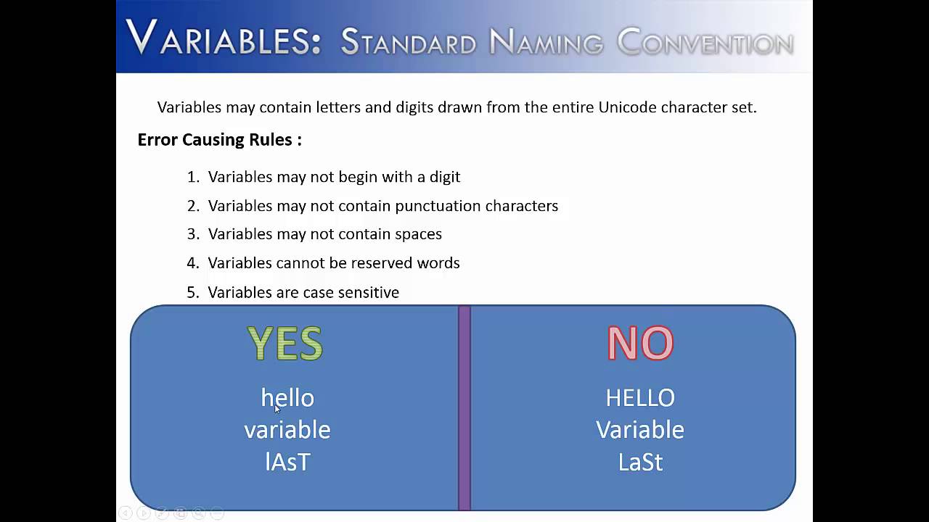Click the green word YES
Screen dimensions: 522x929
[285, 344]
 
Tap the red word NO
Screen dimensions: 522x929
[640, 344]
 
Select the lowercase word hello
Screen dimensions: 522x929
[287, 398]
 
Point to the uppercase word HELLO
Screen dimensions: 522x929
[640, 398]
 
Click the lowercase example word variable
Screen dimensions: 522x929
[287, 430]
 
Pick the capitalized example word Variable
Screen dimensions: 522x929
[640, 430]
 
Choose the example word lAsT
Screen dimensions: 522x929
[287, 462]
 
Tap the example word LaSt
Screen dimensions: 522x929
[640, 462]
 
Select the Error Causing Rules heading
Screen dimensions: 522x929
[219, 140]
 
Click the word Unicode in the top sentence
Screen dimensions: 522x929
[626, 107]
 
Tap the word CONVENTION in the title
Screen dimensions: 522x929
[705, 43]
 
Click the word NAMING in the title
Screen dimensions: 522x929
[546, 43]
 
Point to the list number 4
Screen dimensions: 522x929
[192, 263]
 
